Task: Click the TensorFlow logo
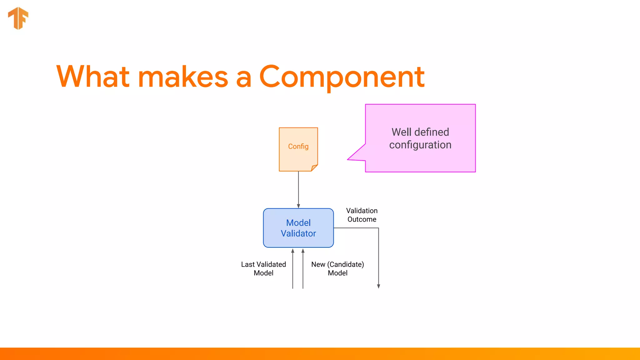pos(18,18)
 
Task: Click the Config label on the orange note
pos(298,146)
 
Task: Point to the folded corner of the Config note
pos(314,168)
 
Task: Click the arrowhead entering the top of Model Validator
pos(298,206)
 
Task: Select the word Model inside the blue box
pos(298,223)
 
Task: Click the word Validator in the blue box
pos(298,233)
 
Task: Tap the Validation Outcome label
pos(362,215)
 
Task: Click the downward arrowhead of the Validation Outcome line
pos(378,286)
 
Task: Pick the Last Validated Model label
pos(263,268)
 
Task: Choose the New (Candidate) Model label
pos(337,268)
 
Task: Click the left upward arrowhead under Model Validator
pos(293,251)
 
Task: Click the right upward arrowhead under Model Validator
pos(303,251)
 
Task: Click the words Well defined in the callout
pos(420,132)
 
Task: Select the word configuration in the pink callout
pos(420,145)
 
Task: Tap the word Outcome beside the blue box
pos(362,219)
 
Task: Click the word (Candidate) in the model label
pos(345,264)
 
